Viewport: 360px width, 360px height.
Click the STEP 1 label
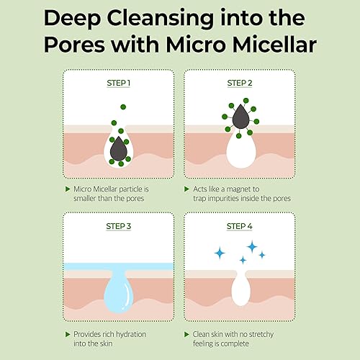pyautogui.click(x=118, y=82)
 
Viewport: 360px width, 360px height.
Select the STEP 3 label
pyautogui.click(x=118, y=226)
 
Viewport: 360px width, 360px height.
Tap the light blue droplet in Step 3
pyautogui.click(x=118, y=292)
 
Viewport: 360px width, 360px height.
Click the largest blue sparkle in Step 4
pyautogui.click(x=252, y=247)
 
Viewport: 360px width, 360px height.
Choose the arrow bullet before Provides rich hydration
pyautogui.click(x=67, y=334)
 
